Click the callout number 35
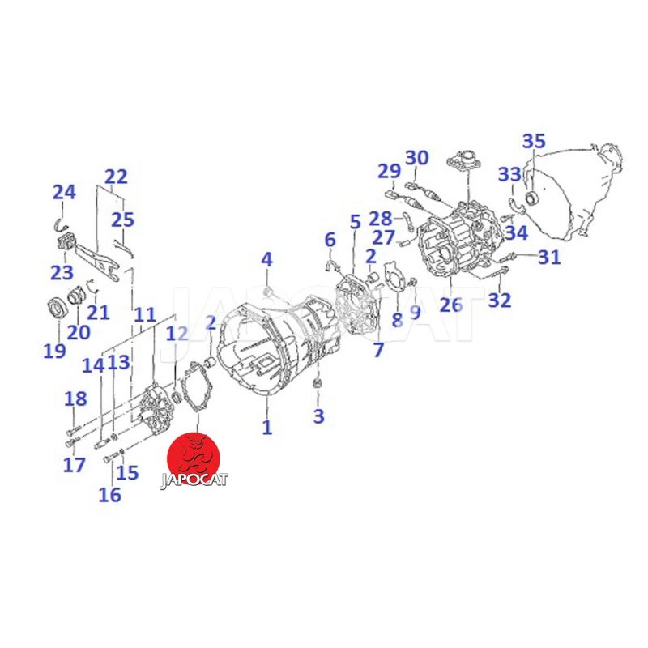[534, 141]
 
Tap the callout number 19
[54, 352]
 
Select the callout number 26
[450, 305]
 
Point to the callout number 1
[267, 427]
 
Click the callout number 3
[318, 416]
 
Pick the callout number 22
[116, 177]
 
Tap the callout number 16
[110, 495]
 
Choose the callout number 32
[500, 301]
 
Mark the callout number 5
[356, 222]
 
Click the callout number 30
[416, 158]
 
